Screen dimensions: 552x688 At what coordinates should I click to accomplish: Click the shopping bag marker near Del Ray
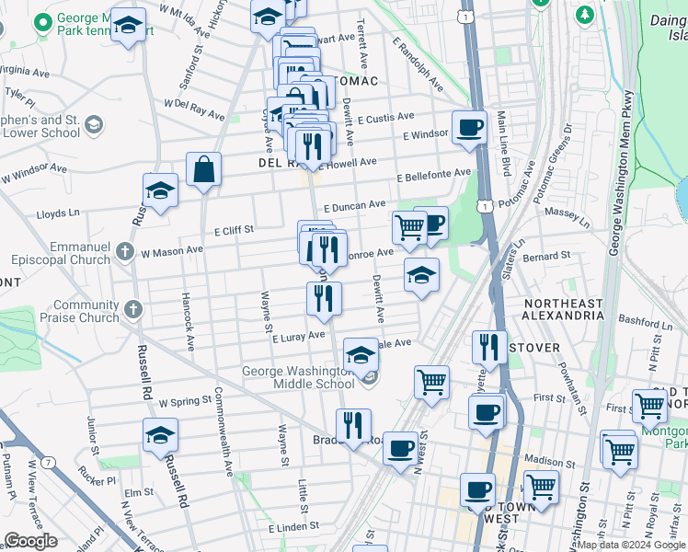[203, 170]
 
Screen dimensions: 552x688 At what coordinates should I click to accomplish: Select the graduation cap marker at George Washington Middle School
[361, 354]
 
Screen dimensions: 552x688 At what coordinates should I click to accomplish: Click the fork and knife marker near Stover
[489, 347]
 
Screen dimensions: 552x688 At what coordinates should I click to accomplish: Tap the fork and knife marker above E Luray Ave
[323, 297]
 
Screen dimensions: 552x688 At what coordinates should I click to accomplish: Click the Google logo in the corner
[30, 541]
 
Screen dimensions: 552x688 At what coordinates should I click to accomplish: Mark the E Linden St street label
[293, 528]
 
